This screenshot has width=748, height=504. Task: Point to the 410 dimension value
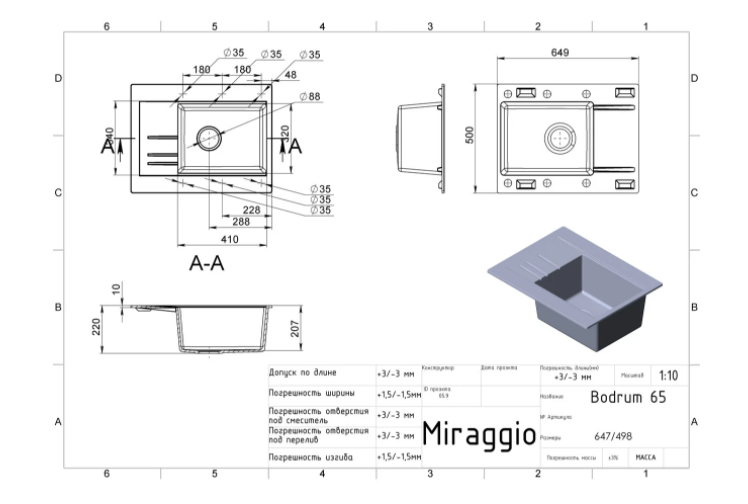(x=230, y=241)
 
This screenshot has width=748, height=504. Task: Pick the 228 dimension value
(x=251, y=210)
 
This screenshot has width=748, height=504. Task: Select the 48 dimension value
(x=291, y=75)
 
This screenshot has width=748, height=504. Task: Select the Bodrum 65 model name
(x=627, y=396)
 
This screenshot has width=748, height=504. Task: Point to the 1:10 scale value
(x=669, y=376)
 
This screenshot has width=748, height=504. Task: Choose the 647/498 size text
(x=614, y=436)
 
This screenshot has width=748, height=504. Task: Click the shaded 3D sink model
(x=574, y=290)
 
